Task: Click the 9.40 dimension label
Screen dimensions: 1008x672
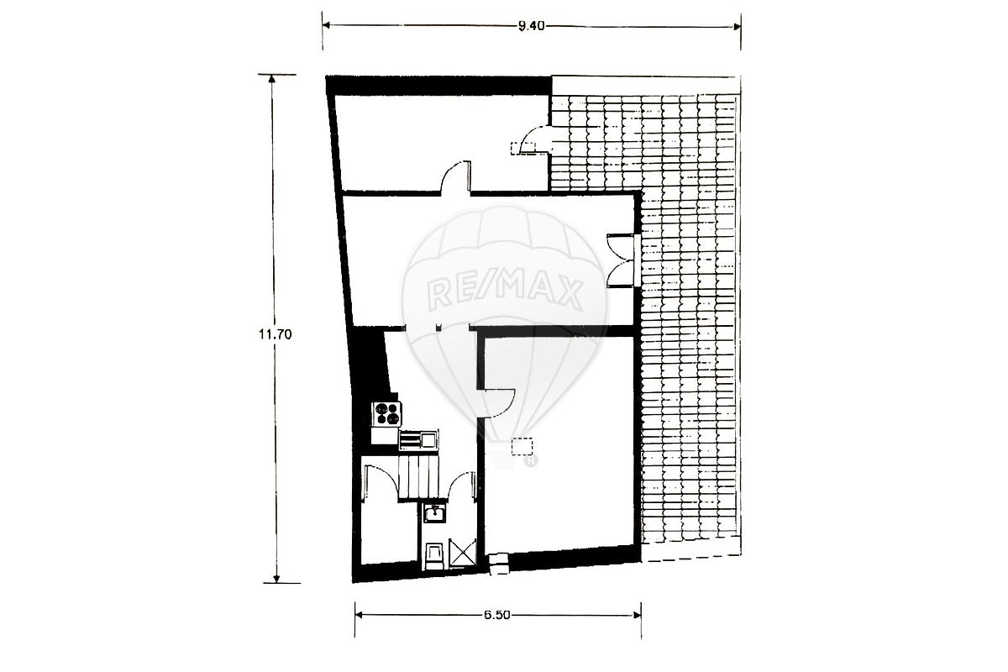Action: point(532,26)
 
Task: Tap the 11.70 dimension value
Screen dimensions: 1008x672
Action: point(275,334)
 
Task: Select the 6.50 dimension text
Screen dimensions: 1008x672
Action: point(497,615)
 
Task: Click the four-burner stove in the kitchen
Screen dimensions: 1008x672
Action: point(387,414)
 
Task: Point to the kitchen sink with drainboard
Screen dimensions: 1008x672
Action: point(418,440)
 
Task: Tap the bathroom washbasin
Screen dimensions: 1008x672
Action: point(434,513)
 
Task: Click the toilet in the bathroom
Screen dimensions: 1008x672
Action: point(435,557)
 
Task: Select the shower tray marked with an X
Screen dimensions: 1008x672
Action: point(463,552)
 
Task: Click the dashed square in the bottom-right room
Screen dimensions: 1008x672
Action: point(522,447)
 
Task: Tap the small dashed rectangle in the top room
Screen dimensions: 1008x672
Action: point(522,148)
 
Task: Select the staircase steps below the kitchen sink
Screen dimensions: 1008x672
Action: point(418,477)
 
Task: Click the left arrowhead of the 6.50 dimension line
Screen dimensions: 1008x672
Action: point(359,615)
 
